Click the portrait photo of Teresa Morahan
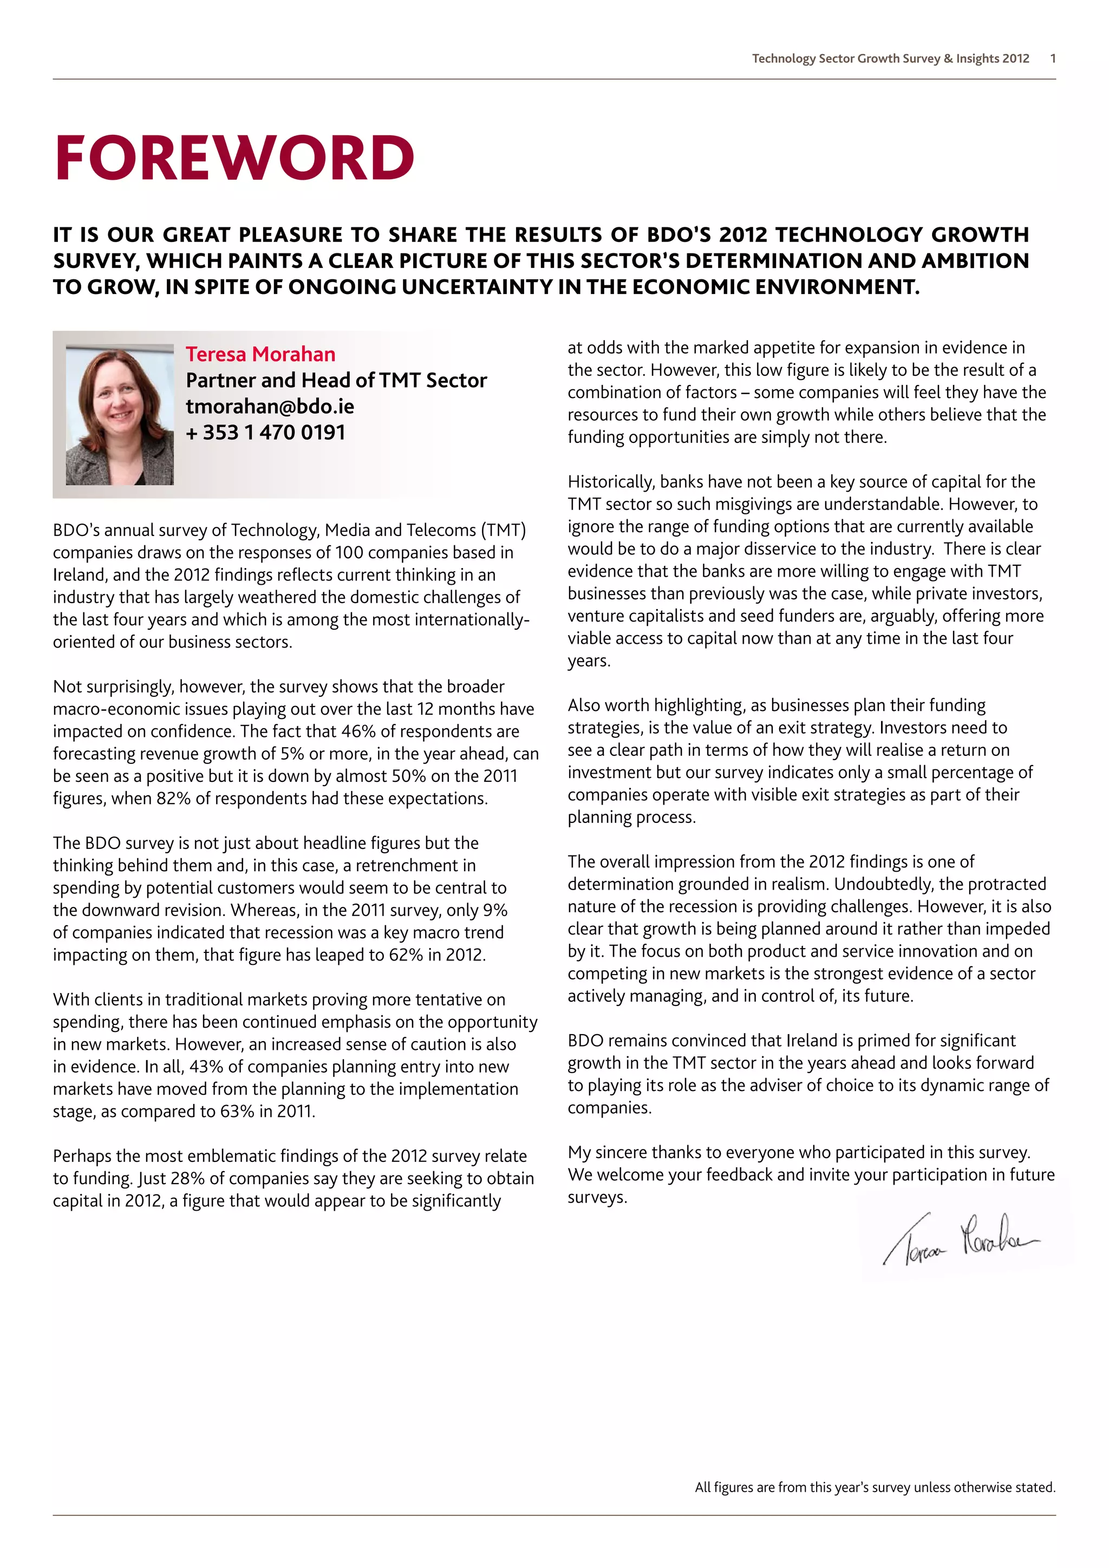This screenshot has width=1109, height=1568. [120, 415]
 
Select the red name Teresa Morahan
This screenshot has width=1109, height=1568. [260, 355]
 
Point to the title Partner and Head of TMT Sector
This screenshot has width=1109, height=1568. [336, 381]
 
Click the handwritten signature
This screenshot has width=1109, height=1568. [960, 1238]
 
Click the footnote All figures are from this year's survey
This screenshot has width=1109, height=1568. [875, 1487]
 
